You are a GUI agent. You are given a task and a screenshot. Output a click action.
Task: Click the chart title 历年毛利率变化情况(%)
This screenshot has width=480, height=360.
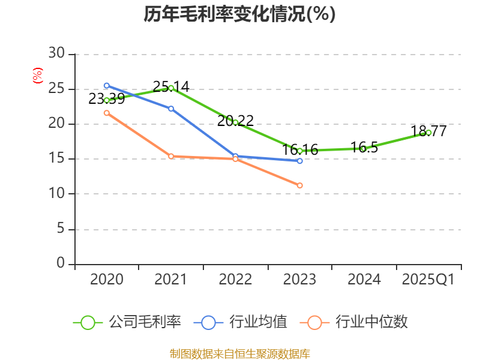click(239, 14)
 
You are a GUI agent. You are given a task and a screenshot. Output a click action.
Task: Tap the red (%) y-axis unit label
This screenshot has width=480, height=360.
click(38, 76)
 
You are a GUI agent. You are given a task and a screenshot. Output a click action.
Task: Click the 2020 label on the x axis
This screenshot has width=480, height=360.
click(107, 280)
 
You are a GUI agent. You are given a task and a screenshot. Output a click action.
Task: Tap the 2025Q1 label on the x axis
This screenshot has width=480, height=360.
click(428, 280)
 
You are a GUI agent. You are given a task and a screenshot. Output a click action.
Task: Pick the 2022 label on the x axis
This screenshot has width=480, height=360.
click(235, 280)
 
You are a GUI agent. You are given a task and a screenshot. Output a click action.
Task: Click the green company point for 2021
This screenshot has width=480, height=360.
click(171, 88)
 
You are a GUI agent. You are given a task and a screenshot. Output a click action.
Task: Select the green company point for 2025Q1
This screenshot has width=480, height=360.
click(428, 133)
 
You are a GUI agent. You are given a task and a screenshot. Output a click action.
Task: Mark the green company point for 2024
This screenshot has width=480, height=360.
click(364, 148)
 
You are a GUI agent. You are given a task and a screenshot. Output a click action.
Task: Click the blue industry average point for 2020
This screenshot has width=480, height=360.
click(107, 85)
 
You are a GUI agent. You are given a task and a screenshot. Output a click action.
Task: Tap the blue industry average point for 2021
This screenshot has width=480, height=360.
click(171, 109)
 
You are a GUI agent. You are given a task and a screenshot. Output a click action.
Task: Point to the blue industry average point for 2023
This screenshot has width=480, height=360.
click(300, 161)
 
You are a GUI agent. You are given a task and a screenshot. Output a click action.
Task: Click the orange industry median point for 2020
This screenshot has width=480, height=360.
click(107, 113)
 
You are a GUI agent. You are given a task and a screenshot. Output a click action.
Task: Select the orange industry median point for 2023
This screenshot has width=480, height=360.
click(300, 185)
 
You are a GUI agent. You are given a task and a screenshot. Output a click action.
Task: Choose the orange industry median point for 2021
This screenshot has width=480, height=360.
click(171, 156)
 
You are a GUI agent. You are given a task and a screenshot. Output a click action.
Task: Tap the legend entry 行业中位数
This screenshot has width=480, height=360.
click(358, 322)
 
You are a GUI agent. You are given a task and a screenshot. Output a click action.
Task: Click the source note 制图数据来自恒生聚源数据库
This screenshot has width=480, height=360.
click(239, 353)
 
